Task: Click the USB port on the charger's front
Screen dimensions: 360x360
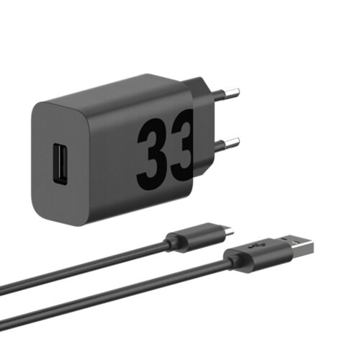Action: click(60, 164)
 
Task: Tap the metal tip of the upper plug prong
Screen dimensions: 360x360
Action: click(232, 93)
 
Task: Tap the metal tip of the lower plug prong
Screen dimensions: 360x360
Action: click(232, 143)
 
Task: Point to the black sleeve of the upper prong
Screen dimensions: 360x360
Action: click(218, 95)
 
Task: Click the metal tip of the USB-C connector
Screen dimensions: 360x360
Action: click(228, 232)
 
